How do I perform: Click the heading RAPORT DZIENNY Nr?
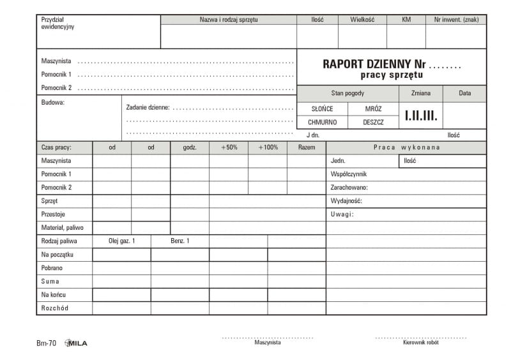[374, 64]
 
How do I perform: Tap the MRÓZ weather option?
[373, 109]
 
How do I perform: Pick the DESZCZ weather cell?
[373, 122]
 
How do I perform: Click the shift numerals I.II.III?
[421, 116]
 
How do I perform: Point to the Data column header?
[464, 93]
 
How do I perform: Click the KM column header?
[406, 20]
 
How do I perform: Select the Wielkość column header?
[362, 20]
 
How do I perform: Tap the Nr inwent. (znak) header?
[456, 20]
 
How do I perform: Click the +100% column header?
[268, 147]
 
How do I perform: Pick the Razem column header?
[307, 147]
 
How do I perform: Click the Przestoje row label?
[53, 214]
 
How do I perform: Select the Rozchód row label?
[55, 308]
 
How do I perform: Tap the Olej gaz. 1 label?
[122, 241]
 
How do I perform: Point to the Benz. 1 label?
[180, 241]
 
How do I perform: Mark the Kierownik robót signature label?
[420, 343]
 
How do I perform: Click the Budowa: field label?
[53, 102]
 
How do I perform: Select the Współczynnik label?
[349, 174]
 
